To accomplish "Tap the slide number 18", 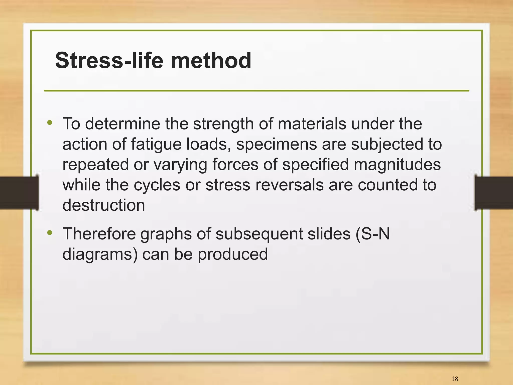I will (455, 378).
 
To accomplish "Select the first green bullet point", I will (50, 123).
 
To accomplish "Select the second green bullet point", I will (50, 233).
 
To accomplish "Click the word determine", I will (122, 124).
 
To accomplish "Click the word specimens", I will (277, 145).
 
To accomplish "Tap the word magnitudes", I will (398, 165).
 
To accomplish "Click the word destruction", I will (104, 205).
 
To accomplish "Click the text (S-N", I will (372, 234).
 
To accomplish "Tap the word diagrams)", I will (100, 254).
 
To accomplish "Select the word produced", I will (233, 254).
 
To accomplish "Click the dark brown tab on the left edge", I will (19, 192).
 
